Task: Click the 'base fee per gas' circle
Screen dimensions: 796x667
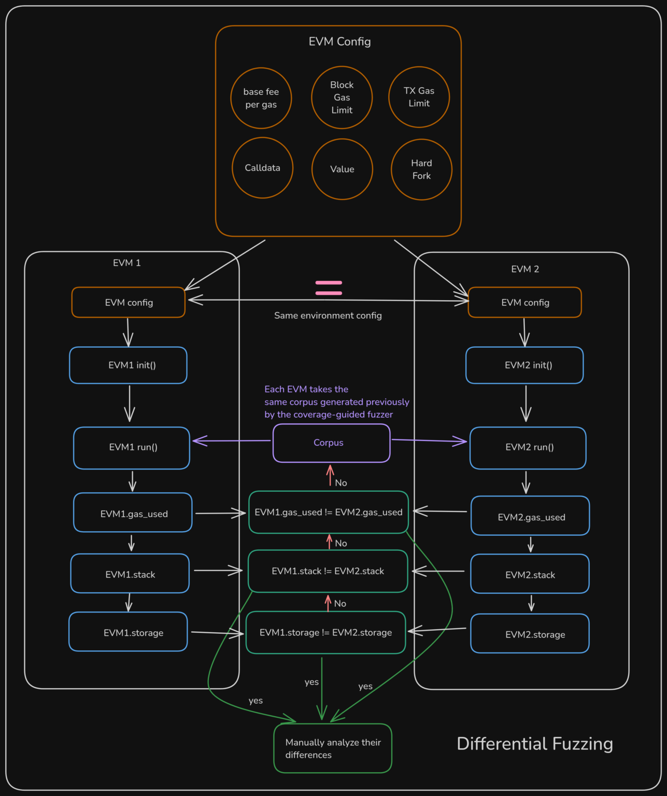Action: pyautogui.click(x=261, y=98)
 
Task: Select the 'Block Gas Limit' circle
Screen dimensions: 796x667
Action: pyautogui.click(x=342, y=97)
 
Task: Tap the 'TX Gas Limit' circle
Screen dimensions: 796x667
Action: pyautogui.click(x=419, y=97)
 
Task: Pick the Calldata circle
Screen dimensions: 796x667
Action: pyautogui.click(x=262, y=168)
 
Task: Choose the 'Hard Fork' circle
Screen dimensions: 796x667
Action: pyautogui.click(x=421, y=169)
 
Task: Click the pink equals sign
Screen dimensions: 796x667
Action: pyautogui.click(x=329, y=288)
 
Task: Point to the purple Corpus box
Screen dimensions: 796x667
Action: pyautogui.click(x=331, y=443)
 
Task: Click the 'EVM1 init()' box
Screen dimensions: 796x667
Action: pyautogui.click(x=128, y=365)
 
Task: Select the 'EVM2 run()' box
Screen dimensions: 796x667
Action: pyautogui.click(x=528, y=448)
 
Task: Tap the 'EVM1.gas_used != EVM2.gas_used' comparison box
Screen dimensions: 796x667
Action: pyautogui.click(x=329, y=512)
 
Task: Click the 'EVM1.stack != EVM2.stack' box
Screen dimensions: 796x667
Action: pyautogui.click(x=328, y=571)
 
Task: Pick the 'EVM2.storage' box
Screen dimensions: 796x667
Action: pyautogui.click(x=530, y=634)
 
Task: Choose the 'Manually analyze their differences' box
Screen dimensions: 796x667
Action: pyautogui.click(x=333, y=748)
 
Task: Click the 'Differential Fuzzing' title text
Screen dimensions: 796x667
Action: pyautogui.click(x=534, y=744)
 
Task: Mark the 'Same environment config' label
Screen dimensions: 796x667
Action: pyautogui.click(x=328, y=316)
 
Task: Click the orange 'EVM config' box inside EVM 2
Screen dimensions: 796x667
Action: pyautogui.click(x=524, y=303)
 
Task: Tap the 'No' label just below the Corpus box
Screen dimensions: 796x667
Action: pyautogui.click(x=340, y=483)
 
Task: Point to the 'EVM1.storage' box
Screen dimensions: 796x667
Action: pyautogui.click(x=128, y=632)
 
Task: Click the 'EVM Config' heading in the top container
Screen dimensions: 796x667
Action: pyautogui.click(x=339, y=41)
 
